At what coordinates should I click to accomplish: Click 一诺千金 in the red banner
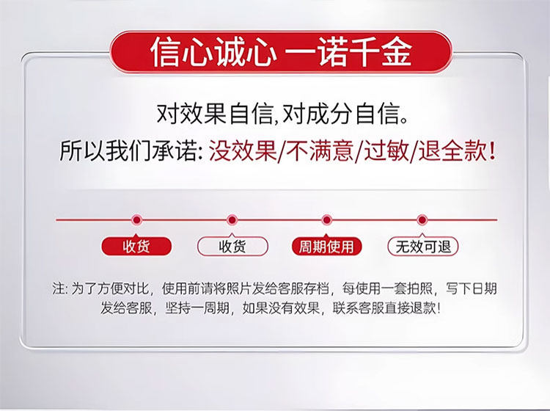[x=348, y=52]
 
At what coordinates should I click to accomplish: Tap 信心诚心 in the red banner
[x=213, y=52]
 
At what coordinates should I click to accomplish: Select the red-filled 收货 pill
[x=136, y=247]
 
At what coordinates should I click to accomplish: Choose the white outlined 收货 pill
[x=232, y=247]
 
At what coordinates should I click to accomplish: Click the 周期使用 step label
[x=326, y=247]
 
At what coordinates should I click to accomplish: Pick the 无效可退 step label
[x=423, y=247]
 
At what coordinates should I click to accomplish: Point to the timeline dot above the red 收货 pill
[x=136, y=220]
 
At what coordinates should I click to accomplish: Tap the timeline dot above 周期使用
[x=326, y=220]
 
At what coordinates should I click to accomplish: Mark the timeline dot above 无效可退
[x=422, y=220]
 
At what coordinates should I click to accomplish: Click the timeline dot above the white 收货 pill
[x=232, y=220]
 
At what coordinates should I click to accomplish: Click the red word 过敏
[x=386, y=151]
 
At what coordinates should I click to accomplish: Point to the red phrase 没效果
[x=243, y=151]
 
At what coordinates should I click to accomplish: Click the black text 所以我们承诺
[x=128, y=151]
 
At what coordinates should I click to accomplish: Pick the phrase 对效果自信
[x=214, y=114]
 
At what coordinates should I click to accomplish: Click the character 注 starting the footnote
[x=58, y=288]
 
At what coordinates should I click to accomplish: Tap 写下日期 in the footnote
[x=471, y=288]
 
